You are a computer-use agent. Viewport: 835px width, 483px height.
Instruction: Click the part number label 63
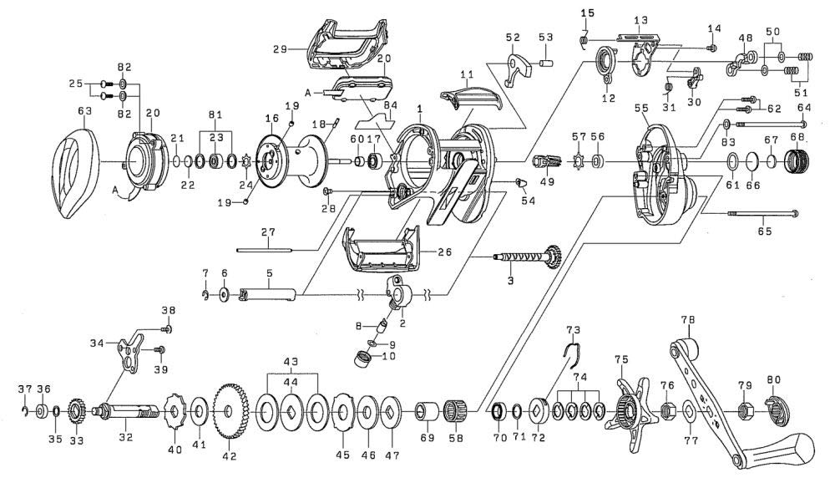84,111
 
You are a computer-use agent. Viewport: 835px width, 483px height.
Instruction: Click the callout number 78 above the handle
688,320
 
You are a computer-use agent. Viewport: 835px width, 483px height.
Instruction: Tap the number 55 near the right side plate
641,108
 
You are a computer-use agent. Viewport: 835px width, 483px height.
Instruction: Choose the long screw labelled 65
763,214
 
